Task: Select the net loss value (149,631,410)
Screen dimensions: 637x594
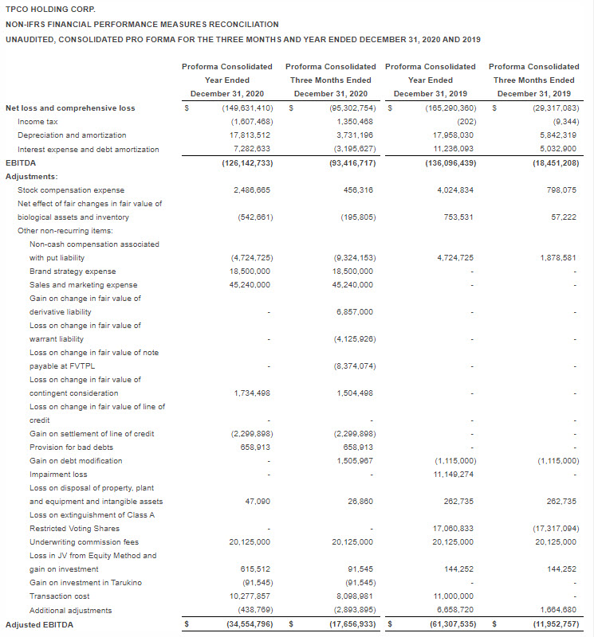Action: click(x=247, y=108)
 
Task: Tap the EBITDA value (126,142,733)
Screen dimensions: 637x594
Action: click(x=247, y=162)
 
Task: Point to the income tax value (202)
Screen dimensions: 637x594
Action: click(x=466, y=122)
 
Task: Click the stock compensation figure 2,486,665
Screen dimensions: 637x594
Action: click(x=253, y=190)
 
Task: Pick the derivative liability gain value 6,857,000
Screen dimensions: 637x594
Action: click(x=355, y=312)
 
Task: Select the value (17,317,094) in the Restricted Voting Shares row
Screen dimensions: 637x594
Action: click(x=554, y=529)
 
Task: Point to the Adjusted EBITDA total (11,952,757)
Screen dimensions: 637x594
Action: click(x=554, y=624)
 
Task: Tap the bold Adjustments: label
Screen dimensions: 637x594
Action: click(x=32, y=176)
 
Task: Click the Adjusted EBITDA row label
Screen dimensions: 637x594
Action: click(x=39, y=624)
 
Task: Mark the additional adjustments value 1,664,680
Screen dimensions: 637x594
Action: click(x=557, y=610)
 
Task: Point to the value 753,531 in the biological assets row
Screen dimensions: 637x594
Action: click(x=458, y=217)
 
